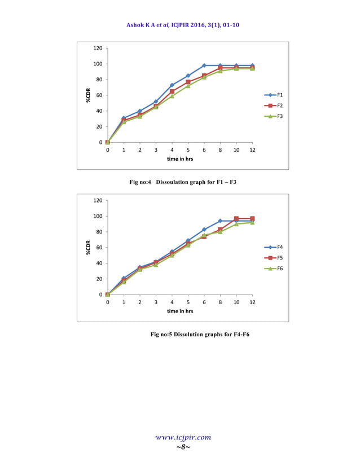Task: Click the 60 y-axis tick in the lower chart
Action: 99,248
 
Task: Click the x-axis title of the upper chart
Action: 180,159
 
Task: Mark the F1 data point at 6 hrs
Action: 204,65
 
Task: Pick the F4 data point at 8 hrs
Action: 220,221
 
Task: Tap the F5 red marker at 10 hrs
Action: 236,218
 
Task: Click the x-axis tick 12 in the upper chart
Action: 252,151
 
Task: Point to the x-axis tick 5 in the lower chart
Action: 188,303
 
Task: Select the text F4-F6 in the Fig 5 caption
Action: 236,335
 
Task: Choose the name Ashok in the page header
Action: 137,25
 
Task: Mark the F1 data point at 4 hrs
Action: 172,85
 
